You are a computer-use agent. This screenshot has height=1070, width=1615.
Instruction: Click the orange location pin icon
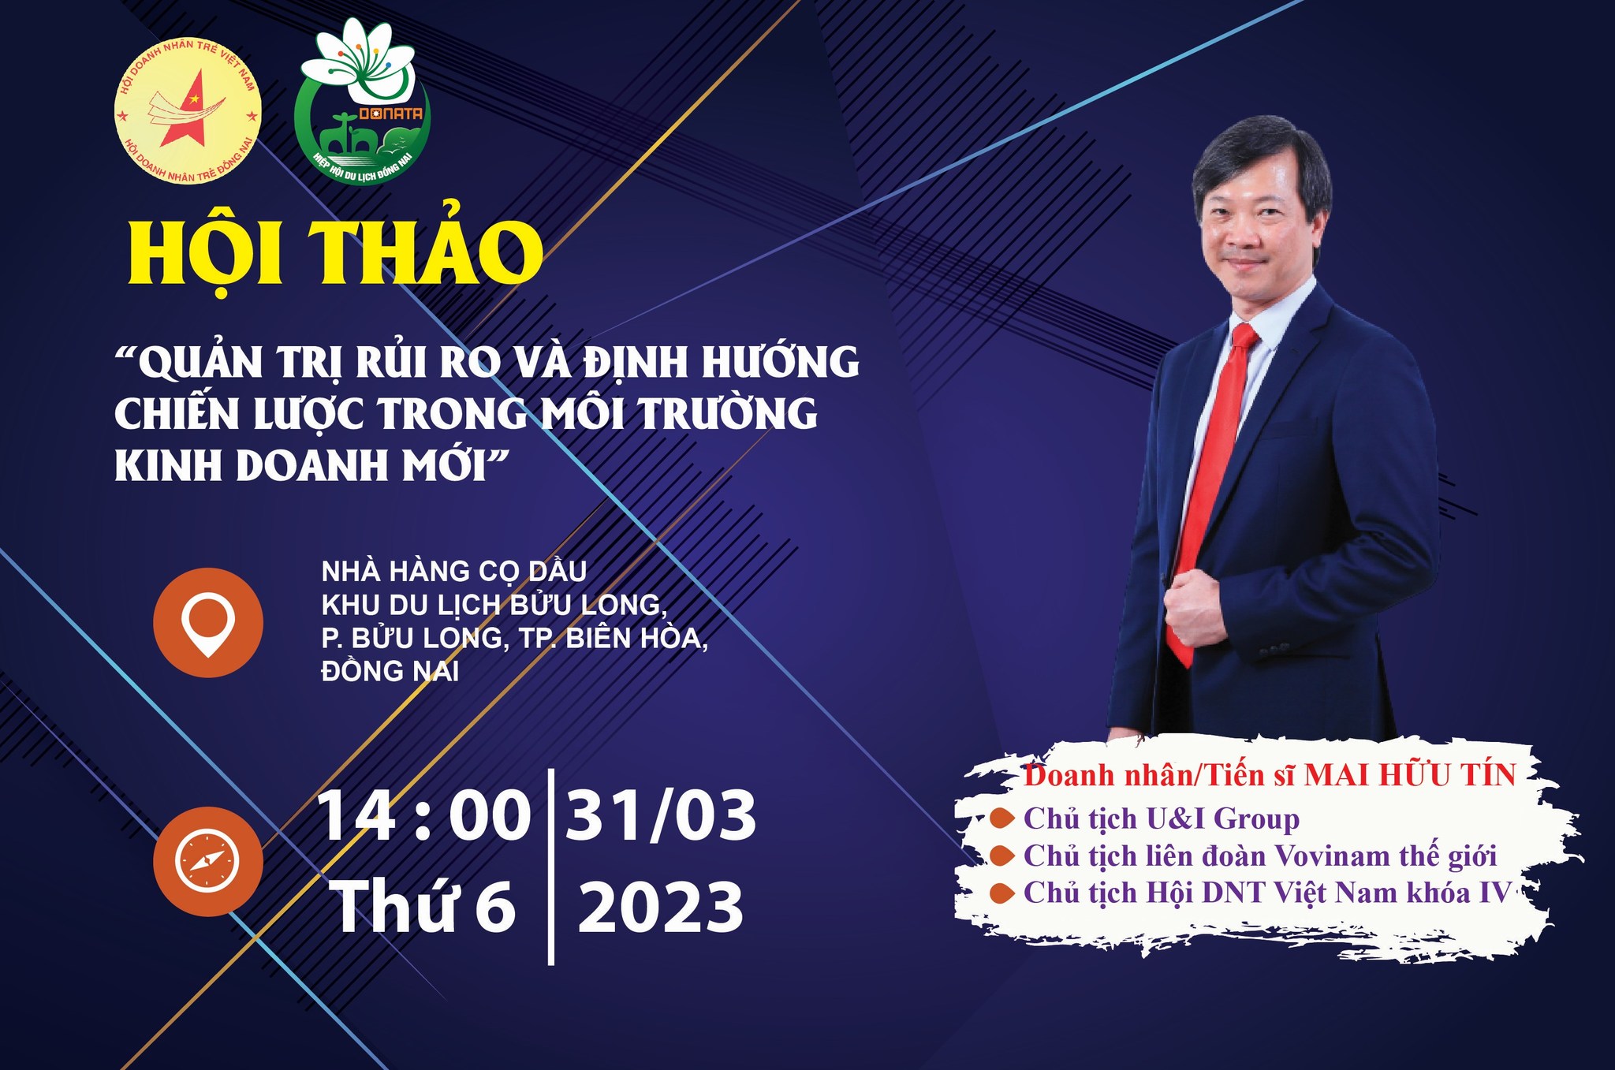(208, 622)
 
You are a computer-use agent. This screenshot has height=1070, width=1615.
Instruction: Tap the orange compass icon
(208, 861)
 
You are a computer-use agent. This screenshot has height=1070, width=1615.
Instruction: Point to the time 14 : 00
(424, 817)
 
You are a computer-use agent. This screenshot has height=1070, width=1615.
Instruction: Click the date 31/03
(661, 817)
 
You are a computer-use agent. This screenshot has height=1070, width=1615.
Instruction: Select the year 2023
(661, 907)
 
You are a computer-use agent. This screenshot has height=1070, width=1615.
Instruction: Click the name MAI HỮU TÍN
(1410, 775)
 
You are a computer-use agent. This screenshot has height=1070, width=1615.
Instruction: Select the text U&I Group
(1222, 818)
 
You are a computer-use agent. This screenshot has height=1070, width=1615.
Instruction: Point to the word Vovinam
(1333, 856)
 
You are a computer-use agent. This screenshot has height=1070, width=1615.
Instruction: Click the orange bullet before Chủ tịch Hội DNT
(1002, 893)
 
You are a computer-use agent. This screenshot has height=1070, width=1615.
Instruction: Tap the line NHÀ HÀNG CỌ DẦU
(454, 571)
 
